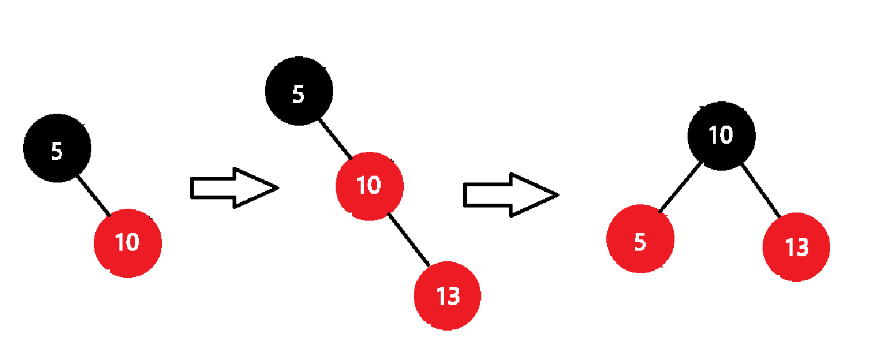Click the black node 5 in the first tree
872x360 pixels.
point(58,148)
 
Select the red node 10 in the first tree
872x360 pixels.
point(128,243)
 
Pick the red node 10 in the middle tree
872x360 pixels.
point(369,186)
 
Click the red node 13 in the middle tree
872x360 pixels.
point(448,296)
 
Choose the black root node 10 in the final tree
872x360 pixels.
point(721,135)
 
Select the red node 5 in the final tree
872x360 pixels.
point(640,241)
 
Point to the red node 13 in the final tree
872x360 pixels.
point(796,247)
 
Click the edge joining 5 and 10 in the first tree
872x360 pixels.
point(93,195)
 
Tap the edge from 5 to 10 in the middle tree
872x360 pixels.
point(336,139)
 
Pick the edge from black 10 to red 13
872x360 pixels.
point(761,191)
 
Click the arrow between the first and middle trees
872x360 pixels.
point(233,187)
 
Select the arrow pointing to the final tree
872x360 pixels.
point(509,195)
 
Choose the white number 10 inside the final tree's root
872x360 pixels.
point(721,135)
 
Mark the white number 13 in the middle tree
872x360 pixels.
point(448,296)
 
